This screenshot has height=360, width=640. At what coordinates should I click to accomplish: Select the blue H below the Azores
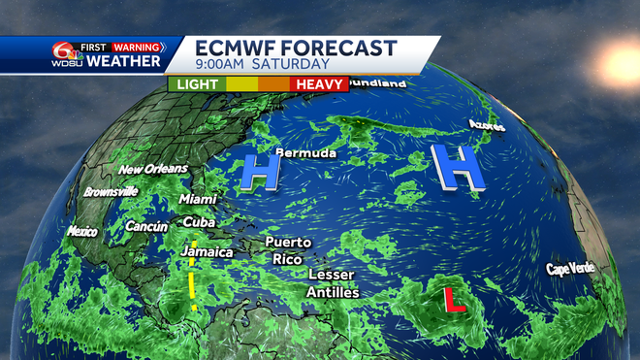click(x=457, y=167)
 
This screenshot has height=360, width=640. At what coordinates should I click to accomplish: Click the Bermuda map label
click(x=305, y=153)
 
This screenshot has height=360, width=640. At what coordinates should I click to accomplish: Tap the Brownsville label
click(x=111, y=191)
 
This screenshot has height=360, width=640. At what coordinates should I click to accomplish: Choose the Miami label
click(x=198, y=199)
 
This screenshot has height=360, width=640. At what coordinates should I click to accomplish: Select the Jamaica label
click(x=207, y=252)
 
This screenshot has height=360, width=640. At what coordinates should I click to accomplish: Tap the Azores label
click(x=487, y=125)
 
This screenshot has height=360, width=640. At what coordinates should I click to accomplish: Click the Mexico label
click(x=82, y=231)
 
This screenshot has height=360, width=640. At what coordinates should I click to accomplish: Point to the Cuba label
click(x=199, y=221)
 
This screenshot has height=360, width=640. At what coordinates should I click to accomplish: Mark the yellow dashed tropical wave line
click(x=193, y=275)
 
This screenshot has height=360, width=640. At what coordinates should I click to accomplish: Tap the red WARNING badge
click(x=136, y=46)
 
